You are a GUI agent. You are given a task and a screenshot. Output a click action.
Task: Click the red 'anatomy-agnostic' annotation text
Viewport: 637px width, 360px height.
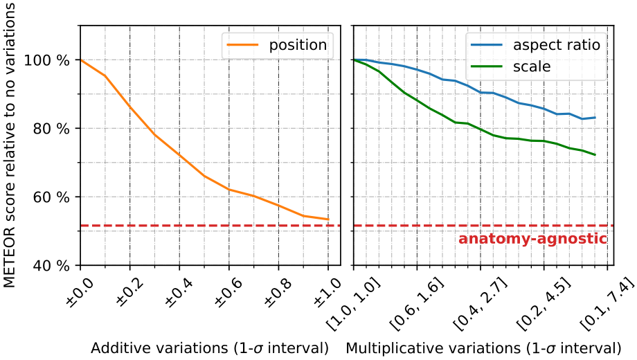tap(532, 240)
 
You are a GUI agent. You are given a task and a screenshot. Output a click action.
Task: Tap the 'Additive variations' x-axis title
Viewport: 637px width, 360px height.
tap(209, 346)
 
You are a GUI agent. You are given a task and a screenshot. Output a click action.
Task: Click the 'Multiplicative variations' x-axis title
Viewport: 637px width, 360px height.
tap(483, 346)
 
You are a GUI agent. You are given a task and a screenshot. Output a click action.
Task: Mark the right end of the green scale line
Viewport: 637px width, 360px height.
tap(595, 154)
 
